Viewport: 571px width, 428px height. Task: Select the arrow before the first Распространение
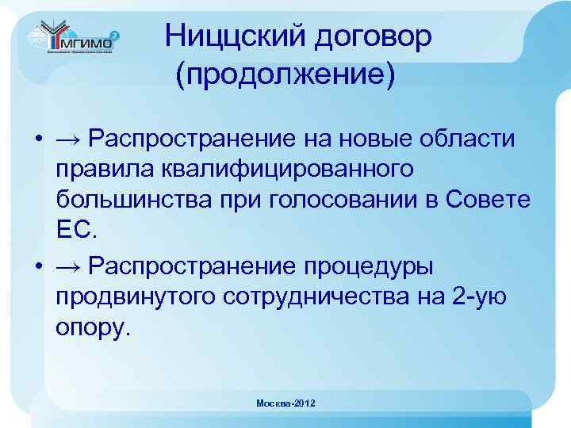pyautogui.click(x=68, y=140)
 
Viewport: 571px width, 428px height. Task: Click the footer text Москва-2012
pyautogui.click(x=285, y=404)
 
